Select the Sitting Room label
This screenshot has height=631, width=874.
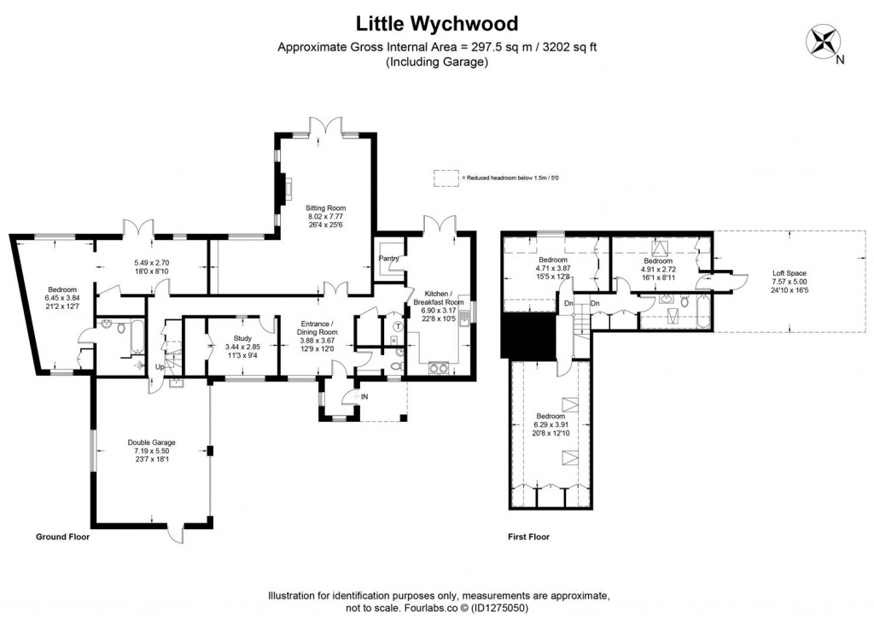point(326,207)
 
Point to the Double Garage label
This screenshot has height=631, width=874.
point(152,442)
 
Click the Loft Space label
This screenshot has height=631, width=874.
point(789,273)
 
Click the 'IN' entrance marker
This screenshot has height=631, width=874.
point(364,397)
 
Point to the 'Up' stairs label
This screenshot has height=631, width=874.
point(159,367)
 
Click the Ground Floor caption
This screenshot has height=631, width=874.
point(62,538)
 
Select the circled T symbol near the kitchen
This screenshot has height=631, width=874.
point(397,326)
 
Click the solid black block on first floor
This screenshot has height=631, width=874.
point(527,335)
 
